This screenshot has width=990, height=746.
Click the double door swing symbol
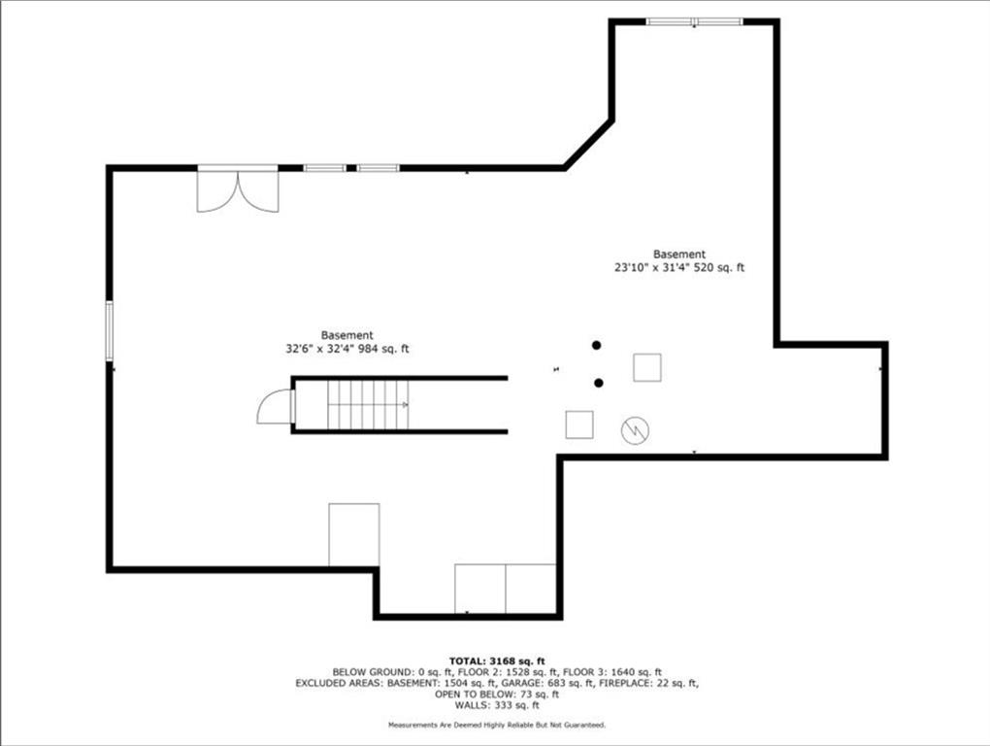(238, 191)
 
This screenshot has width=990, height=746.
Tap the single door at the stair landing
(276, 407)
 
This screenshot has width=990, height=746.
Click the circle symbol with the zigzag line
(635, 431)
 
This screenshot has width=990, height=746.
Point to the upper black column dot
(597, 345)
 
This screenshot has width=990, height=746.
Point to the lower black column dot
(599, 383)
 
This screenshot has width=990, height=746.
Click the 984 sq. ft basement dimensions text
(347, 349)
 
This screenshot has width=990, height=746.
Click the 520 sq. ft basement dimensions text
(679, 267)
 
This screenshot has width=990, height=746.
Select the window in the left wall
(110, 330)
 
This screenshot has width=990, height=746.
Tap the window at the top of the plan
(695, 22)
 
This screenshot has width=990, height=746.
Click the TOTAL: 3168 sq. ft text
(497, 661)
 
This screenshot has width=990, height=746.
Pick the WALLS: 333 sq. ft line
(497, 705)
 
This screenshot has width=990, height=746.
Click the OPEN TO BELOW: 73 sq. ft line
(497, 695)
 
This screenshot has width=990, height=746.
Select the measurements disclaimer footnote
(497, 726)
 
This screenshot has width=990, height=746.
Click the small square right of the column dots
(647, 367)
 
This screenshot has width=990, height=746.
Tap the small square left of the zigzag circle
(579, 424)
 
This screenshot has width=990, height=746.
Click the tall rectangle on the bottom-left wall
(354, 534)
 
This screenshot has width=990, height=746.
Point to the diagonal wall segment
(588, 145)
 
